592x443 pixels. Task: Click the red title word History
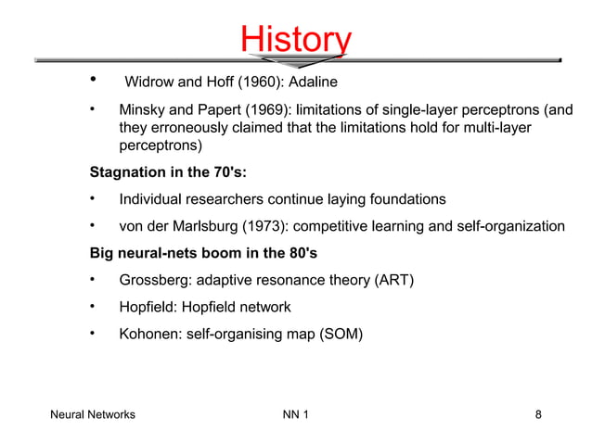click(x=295, y=39)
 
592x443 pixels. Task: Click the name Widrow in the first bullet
click(x=149, y=83)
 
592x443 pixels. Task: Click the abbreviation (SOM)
click(x=339, y=334)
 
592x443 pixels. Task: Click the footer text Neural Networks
click(x=92, y=414)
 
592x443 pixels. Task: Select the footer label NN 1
click(x=295, y=414)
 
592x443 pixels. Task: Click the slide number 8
click(x=539, y=414)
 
